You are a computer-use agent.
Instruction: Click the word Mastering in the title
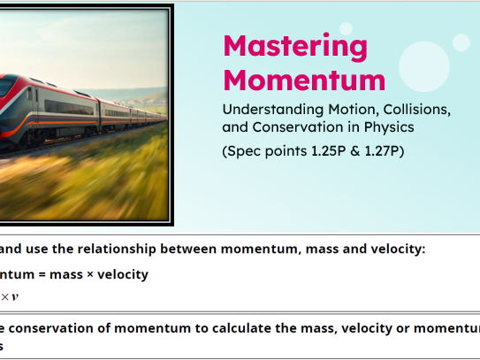(282, 46)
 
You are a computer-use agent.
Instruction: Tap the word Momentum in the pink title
(304, 80)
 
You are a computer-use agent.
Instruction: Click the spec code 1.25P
(328, 151)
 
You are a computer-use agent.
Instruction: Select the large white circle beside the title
(423, 66)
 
